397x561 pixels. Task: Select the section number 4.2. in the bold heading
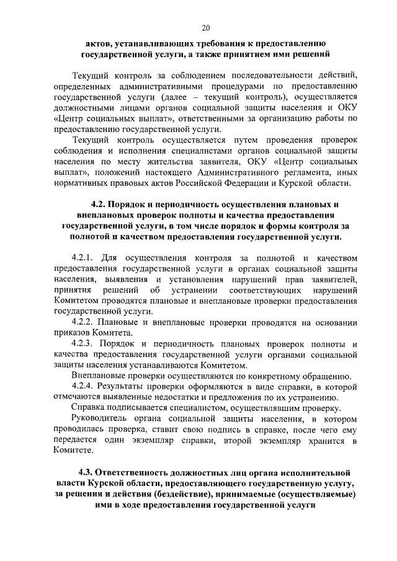coord(99,205)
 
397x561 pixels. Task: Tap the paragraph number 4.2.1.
coord(84,257)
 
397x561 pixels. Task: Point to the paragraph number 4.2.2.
coord(84,322)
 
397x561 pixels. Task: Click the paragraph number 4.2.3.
coord(84,343)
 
